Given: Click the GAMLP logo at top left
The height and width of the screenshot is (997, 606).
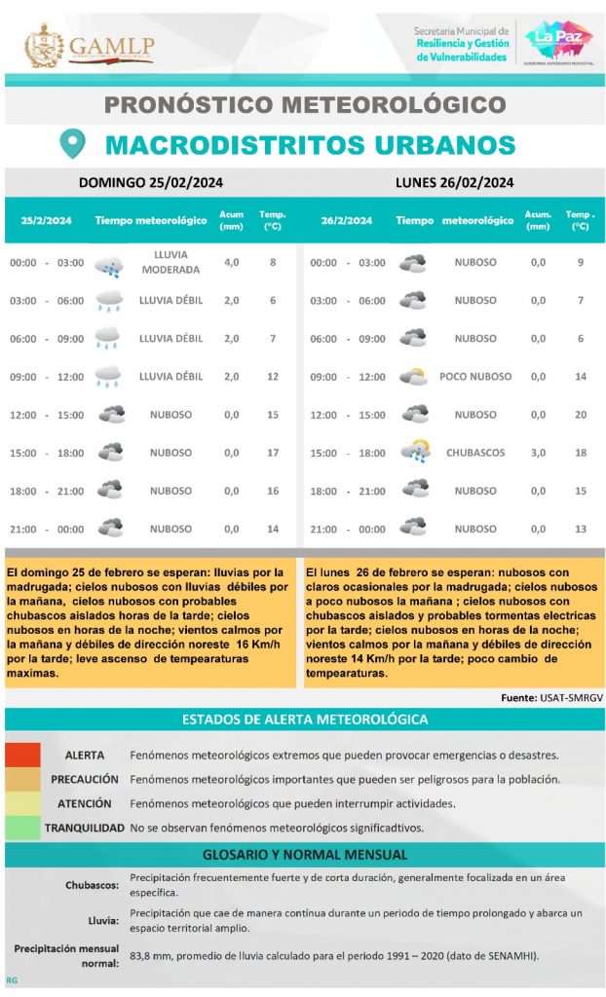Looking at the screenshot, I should click(90, 45).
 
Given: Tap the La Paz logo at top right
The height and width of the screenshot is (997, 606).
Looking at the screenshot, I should click(558, 43).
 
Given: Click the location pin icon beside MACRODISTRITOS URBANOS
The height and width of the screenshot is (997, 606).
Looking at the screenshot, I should click(72, 144).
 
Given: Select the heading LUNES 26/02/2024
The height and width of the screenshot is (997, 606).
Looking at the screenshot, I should click(454, 182).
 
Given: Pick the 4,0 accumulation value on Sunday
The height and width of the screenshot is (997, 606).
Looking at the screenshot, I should click(232, 263).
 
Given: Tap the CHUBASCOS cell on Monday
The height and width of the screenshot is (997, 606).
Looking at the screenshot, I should click(474, 453).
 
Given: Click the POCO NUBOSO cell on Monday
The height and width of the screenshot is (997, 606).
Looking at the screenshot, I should click(474, 377).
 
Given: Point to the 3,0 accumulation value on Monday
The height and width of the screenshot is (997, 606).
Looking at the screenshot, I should click(538, 453).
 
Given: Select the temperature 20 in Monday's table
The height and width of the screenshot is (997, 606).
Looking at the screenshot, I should click(581, 415).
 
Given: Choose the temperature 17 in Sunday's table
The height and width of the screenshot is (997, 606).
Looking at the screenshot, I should click(273, 453).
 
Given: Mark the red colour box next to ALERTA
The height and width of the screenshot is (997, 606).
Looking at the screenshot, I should click(22, 756).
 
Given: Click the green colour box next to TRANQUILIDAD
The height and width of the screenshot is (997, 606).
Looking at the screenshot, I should click(22, 828).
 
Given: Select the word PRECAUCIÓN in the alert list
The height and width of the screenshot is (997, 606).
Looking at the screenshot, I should click(85, 780).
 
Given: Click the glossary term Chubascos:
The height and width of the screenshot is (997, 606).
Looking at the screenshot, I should click(93, 885).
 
